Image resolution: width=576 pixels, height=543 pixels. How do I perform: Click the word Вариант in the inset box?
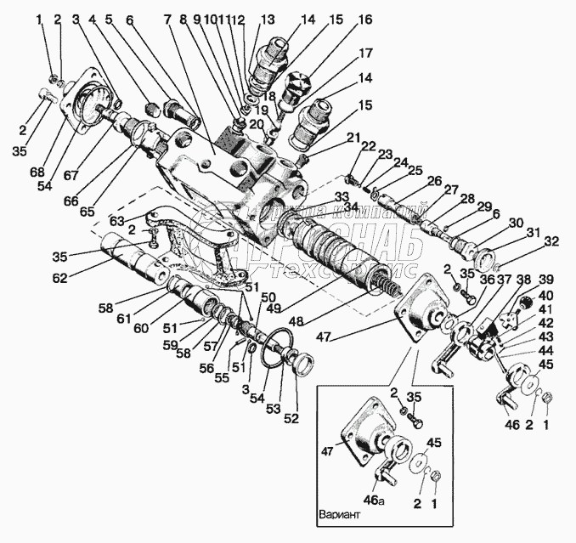point(340,515)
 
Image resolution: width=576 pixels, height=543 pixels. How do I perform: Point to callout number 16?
point(364,19)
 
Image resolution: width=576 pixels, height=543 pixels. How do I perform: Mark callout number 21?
point(353,138)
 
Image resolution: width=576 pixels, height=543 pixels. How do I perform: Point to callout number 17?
point(365,53)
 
